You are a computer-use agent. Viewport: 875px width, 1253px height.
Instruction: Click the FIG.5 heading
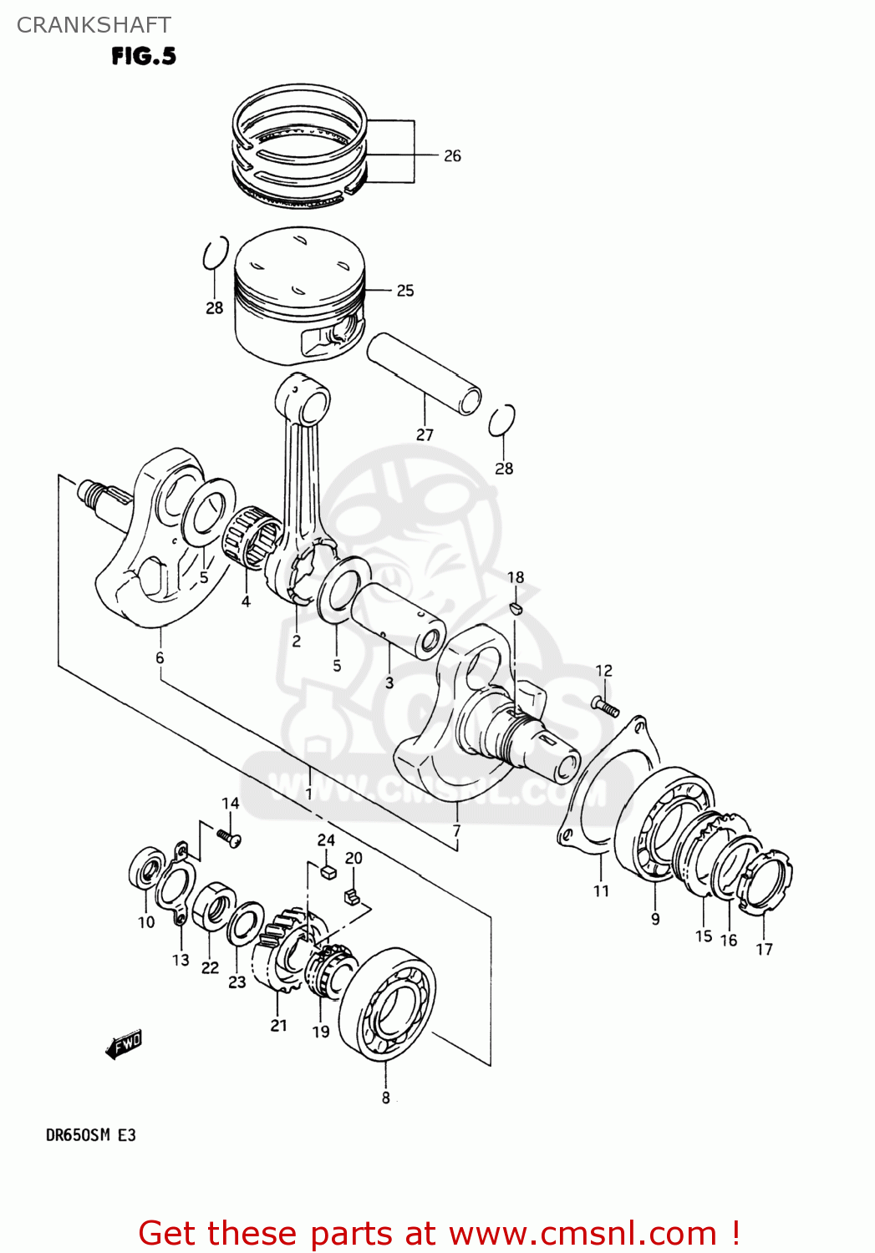(144, 56)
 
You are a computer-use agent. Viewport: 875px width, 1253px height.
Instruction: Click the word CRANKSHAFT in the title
(94, 25)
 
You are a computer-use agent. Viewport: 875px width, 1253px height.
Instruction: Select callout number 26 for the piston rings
(452, 155)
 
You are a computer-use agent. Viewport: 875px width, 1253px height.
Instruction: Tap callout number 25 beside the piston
(405, 291)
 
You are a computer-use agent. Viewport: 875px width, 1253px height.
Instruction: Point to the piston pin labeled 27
(424, 374)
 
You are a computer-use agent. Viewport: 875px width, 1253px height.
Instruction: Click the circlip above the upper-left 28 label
(216, 254)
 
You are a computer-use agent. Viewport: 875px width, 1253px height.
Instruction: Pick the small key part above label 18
(516, 606)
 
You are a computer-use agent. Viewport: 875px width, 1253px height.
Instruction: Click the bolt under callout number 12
(606, 707)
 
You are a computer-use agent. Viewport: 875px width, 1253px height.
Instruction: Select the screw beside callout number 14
(228, 836)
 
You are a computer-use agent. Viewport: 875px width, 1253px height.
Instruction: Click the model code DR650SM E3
(90, 1135)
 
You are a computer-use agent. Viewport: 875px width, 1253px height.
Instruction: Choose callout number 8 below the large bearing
(385, 1098)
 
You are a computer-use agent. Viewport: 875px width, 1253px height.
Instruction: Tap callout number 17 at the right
(764, 949)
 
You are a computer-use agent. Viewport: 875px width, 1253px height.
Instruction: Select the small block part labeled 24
(327, 871)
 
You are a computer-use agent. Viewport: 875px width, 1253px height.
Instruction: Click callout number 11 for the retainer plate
(601, 890)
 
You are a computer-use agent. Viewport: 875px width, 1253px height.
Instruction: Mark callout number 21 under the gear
(278, 1025)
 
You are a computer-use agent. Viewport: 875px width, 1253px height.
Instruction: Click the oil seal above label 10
(147, 870)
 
